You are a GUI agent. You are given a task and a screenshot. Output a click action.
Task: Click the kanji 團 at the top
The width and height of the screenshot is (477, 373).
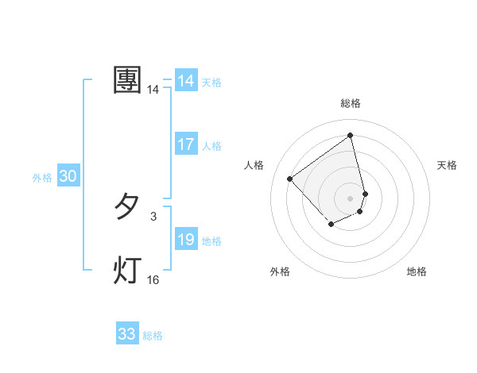pos(128,80)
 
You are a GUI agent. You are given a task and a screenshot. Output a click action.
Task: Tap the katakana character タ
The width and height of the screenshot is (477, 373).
pos(127,208)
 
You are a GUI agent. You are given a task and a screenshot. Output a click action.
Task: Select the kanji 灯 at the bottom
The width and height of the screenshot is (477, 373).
pos(127,270)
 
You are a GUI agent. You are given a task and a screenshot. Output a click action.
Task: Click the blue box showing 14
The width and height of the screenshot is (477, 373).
pos(186,81)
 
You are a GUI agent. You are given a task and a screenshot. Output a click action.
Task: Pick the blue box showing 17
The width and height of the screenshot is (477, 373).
pos(186,144)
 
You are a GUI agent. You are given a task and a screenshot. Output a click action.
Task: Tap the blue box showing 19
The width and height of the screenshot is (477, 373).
pos(186,240)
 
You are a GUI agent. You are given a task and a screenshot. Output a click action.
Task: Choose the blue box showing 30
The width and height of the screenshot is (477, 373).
pos(68,177)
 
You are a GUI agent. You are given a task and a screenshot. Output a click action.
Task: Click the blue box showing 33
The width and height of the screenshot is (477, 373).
pos(127,334)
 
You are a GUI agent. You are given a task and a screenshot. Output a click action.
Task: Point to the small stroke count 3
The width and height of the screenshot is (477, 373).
pos(153,216)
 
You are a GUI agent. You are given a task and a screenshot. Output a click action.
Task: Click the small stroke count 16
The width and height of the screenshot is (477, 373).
pos(153,279)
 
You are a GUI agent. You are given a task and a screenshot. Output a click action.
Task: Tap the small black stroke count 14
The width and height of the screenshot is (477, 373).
pos(153,90)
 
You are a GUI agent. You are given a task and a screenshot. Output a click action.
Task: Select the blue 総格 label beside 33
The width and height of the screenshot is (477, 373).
pos(153,336)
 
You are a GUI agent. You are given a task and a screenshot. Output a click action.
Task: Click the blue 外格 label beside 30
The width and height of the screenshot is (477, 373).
pos(42,178)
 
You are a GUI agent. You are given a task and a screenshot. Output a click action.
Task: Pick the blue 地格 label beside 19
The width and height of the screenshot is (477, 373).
pos(212,241)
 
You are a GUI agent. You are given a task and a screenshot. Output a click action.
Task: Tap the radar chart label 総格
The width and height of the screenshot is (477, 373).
pos(351,103)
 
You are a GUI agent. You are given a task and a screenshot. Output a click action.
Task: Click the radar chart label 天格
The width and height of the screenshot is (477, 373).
pos(448,165)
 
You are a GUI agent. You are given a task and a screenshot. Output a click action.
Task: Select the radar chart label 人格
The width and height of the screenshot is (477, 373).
pos(254,165)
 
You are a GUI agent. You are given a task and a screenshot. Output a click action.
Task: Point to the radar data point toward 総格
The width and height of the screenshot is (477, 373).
pos(351,135)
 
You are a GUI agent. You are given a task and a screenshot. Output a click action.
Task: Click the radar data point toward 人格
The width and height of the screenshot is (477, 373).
pos(290,179)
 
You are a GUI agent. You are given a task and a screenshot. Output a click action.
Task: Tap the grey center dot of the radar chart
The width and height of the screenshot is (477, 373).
pos(351,198)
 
